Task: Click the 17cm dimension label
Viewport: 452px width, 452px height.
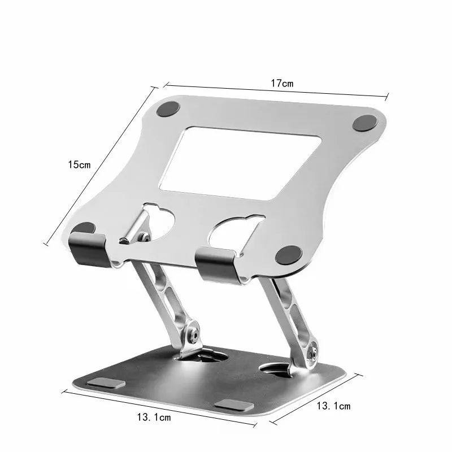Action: click(282, 83)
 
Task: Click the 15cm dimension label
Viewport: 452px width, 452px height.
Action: click(79, 164)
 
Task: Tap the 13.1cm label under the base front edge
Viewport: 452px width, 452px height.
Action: click(153, 418)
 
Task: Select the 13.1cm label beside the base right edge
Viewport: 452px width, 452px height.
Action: click(333, 405)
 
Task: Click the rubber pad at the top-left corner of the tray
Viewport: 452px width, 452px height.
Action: click(168, 109)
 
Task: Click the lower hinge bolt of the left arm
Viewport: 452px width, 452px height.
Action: click(194, 334)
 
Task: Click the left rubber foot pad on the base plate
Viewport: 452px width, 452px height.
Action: click(107, 383)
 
